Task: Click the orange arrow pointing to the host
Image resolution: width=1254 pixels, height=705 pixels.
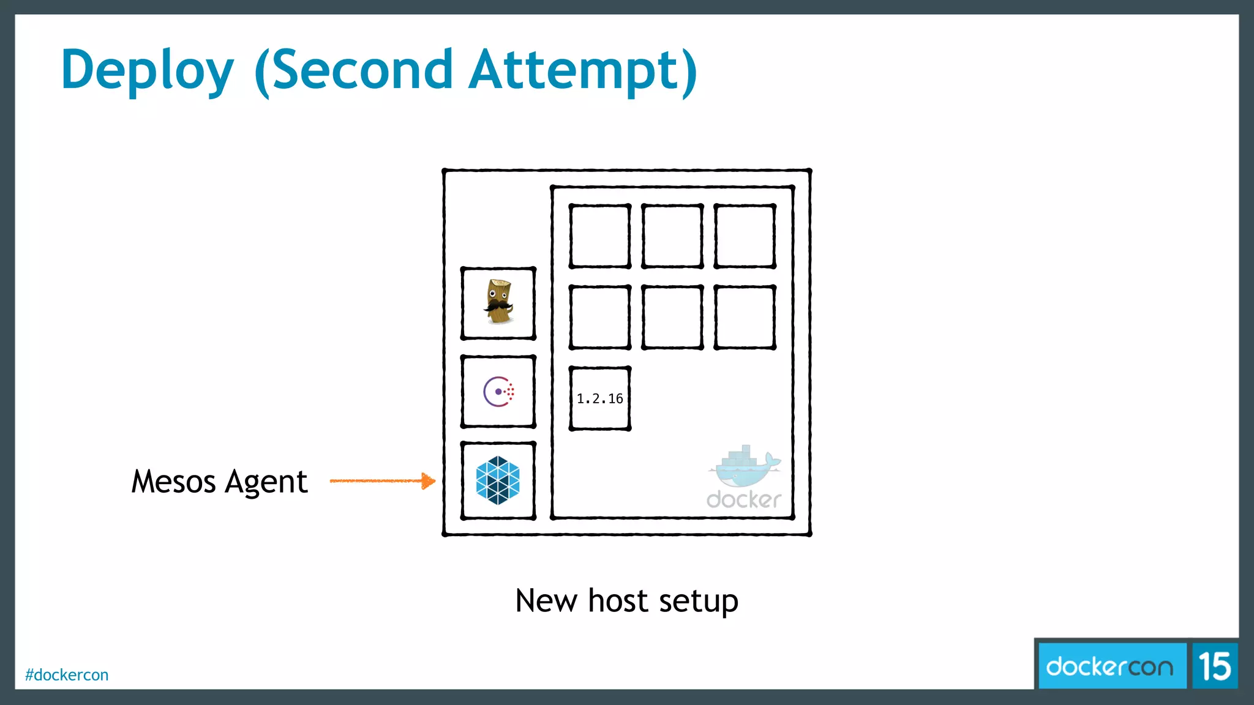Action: point(383,481)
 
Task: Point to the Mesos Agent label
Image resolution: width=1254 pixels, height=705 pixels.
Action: point(219,482)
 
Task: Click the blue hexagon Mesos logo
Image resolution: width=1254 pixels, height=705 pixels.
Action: point(498,480)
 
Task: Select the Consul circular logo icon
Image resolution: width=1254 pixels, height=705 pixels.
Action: point(498,392)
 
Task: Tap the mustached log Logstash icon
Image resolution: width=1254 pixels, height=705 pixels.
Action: point(498,302)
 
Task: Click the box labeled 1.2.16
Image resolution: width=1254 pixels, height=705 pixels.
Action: point(600,398)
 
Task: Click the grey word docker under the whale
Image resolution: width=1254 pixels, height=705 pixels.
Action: point(743,500)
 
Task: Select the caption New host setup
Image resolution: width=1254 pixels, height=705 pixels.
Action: point(626,600)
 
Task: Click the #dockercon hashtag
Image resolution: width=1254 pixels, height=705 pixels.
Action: point(67,675)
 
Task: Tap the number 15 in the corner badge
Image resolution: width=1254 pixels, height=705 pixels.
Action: point(1214,666)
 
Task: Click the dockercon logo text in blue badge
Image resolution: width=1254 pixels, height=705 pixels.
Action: point(1109,666)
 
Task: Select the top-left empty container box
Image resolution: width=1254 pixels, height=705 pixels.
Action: point(600,236)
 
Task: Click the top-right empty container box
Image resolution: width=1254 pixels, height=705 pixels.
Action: point(745,236)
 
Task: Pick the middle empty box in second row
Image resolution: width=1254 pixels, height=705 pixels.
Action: point(672,317)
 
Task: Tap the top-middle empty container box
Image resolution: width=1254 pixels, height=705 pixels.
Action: point(672,236)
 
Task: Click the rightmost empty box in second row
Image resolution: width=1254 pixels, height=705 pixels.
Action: point(745,317)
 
